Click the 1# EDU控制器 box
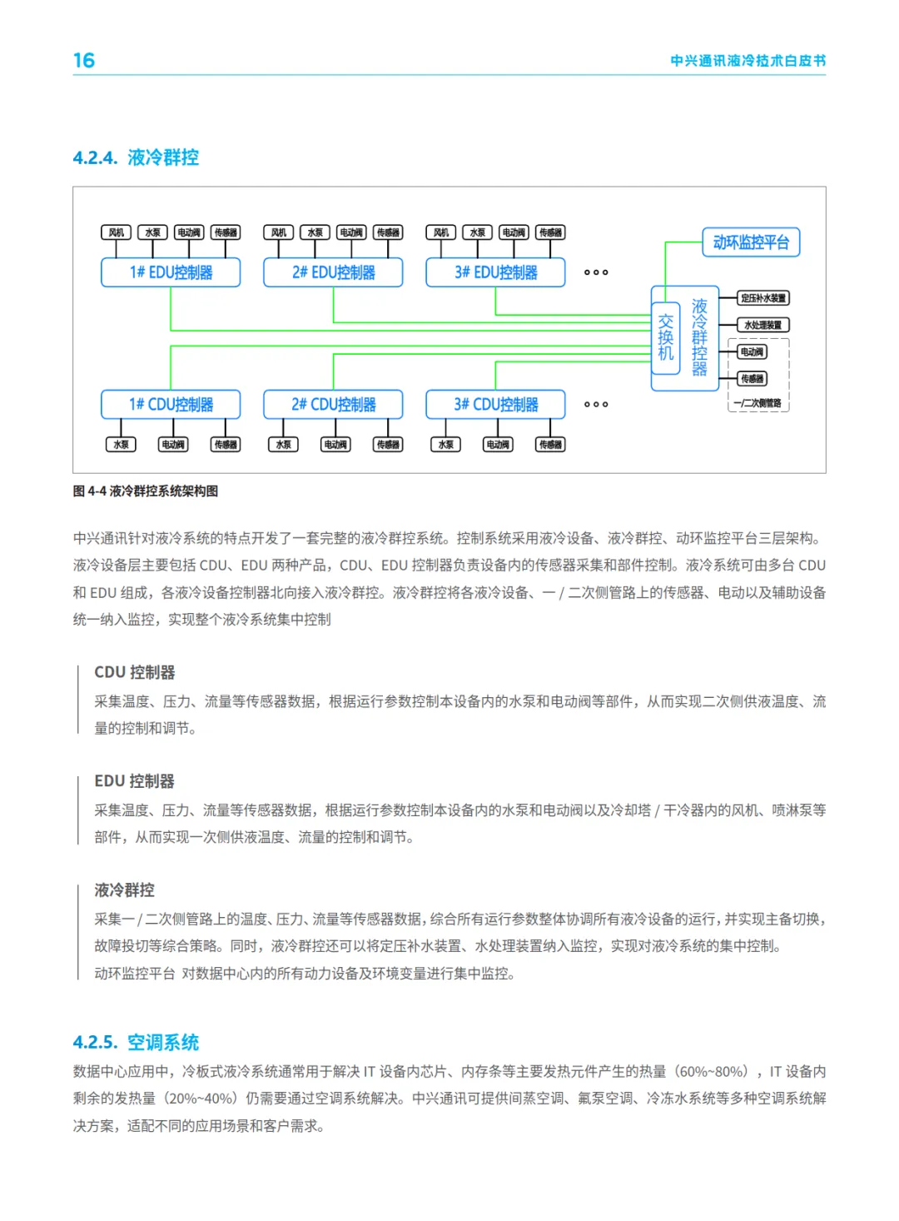coord(171,272)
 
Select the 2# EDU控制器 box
coord(333,272)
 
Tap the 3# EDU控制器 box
coord(495,272)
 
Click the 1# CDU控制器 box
coord(171,405)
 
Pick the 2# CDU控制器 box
coord(333,405)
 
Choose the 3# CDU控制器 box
coord(495,405)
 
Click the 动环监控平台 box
coord(751,242)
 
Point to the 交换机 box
coord(665,337)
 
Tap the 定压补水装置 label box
coord(763,298)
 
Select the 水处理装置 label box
coord(763,325)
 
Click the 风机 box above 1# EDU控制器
coord(117,232)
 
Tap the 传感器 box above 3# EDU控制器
coord(550,232)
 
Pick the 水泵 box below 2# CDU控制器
coord(284,445)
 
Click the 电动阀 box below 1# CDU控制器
coord(173,445)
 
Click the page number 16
coord(84,61)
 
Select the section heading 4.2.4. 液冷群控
coord(136,157)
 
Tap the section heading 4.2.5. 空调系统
coord(136,1042)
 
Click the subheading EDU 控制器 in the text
coord(135,781)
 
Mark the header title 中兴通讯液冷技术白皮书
coord(748,61)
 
